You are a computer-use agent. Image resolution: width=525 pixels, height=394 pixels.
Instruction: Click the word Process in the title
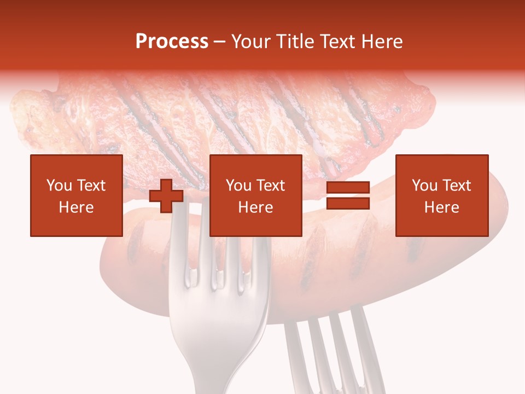click(x=172, y=42)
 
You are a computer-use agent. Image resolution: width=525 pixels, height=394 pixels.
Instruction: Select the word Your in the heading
click(x=251, y=42)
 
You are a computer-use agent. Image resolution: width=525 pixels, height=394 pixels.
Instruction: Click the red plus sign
click(x=166, y=196)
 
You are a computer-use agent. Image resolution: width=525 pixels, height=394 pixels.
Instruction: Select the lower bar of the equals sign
click(x=348, y=204)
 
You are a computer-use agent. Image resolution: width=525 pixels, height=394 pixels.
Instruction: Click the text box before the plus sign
click(x=77, y=195)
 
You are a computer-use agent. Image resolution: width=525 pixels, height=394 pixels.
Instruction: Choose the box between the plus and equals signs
click(x=256, y=195)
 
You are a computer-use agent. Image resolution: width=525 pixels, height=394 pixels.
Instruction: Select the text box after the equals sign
click(x=442, y=195)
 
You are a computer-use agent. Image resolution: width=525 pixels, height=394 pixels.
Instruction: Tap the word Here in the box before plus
click(x=77, y=207)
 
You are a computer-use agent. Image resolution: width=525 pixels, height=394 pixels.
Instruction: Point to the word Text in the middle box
click(x=271, y=186)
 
